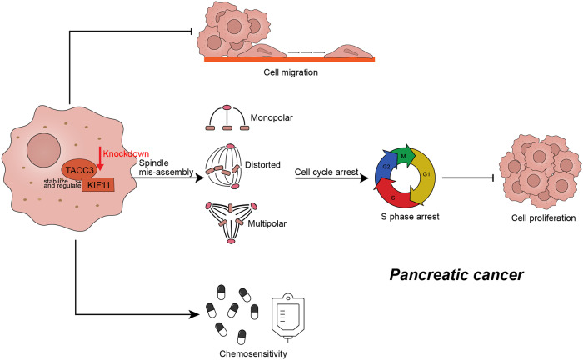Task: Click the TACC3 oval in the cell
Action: click(x=79, y=170)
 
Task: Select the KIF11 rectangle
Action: click(x=98, y=185)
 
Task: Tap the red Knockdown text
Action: click(x=126, y=153)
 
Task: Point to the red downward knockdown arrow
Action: click(x=100, y=158)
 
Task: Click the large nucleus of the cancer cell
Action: click(x=43, y=150)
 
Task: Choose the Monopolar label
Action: click(x=272, y=117)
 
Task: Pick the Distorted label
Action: click(x=262, y=165)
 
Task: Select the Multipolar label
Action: click(x=267, y=223)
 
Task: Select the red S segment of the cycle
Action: click(x=394, y=195)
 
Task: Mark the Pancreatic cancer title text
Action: click(x=456, y=275)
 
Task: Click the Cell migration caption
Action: click(x=291, y=72)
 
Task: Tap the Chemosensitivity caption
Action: click(x=253, y=353)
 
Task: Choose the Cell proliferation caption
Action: click(x=543, y=218)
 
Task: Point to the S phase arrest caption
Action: click(x=410, y=217)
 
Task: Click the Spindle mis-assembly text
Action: click(x=167, y=167)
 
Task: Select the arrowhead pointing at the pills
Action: click(x=194, y=314)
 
